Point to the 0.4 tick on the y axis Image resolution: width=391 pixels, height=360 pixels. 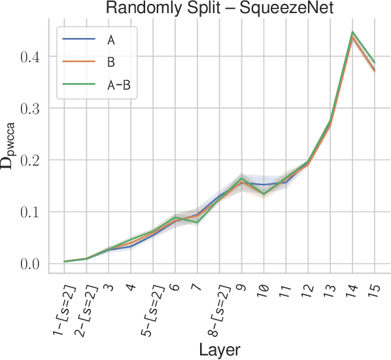pyautogui.click(x=29, y=56)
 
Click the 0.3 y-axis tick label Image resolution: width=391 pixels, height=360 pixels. pyautogui.click(x=29, y=108)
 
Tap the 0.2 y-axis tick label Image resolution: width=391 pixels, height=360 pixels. pyautogui.click(x=29, y=160)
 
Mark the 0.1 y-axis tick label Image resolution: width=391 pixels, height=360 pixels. pyautogui.click(x=29, y=212)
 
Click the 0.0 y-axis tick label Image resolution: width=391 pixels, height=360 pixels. pyautogui.click(x=29, y=264)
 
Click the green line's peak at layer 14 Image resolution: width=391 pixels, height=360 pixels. pyautogui.click(x=352, y=31)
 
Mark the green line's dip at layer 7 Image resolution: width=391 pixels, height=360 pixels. pyautogui.click(x=197, y=223)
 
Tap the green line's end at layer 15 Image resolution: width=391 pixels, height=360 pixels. pyautogui.click(x=375, y=63)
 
